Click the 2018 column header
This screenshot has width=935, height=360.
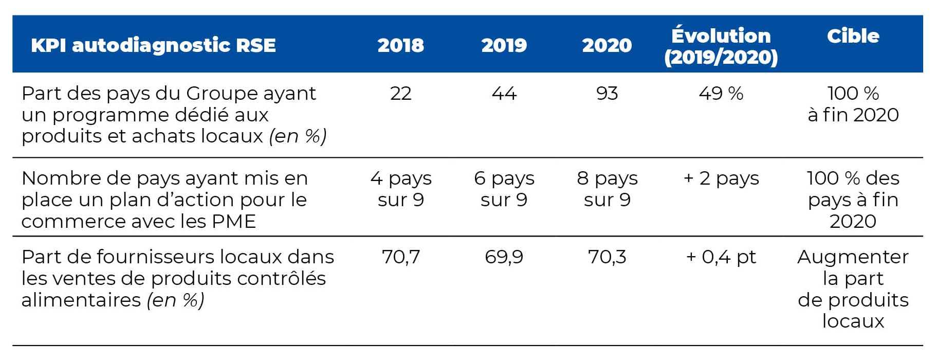pos(400,45)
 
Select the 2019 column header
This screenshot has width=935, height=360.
pos(504,45)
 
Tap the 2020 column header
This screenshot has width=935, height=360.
pos(607,45)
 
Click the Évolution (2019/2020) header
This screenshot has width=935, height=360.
pos(721,46)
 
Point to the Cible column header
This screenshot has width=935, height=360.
pos(853,35)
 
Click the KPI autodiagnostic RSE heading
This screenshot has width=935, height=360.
pos(153,45)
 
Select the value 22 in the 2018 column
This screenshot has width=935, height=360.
pos(400,93)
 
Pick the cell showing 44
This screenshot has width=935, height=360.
pos(504,93)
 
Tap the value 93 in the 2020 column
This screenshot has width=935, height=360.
pos(607,93)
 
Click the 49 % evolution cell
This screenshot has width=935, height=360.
pos(721,93)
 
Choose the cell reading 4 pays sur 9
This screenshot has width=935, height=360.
pos(401,189)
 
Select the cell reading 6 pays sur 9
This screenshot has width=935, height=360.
pos(504,189)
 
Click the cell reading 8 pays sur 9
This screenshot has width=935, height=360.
pos(607,189)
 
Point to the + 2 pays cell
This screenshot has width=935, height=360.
pos(721,178)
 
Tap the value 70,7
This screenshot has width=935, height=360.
pos(400,257)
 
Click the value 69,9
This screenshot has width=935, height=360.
pos(504,257)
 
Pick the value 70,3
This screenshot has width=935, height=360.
pos(607,257)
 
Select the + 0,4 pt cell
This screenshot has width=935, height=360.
pos(721,257)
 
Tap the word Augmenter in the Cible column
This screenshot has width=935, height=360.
pos(853,257)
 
